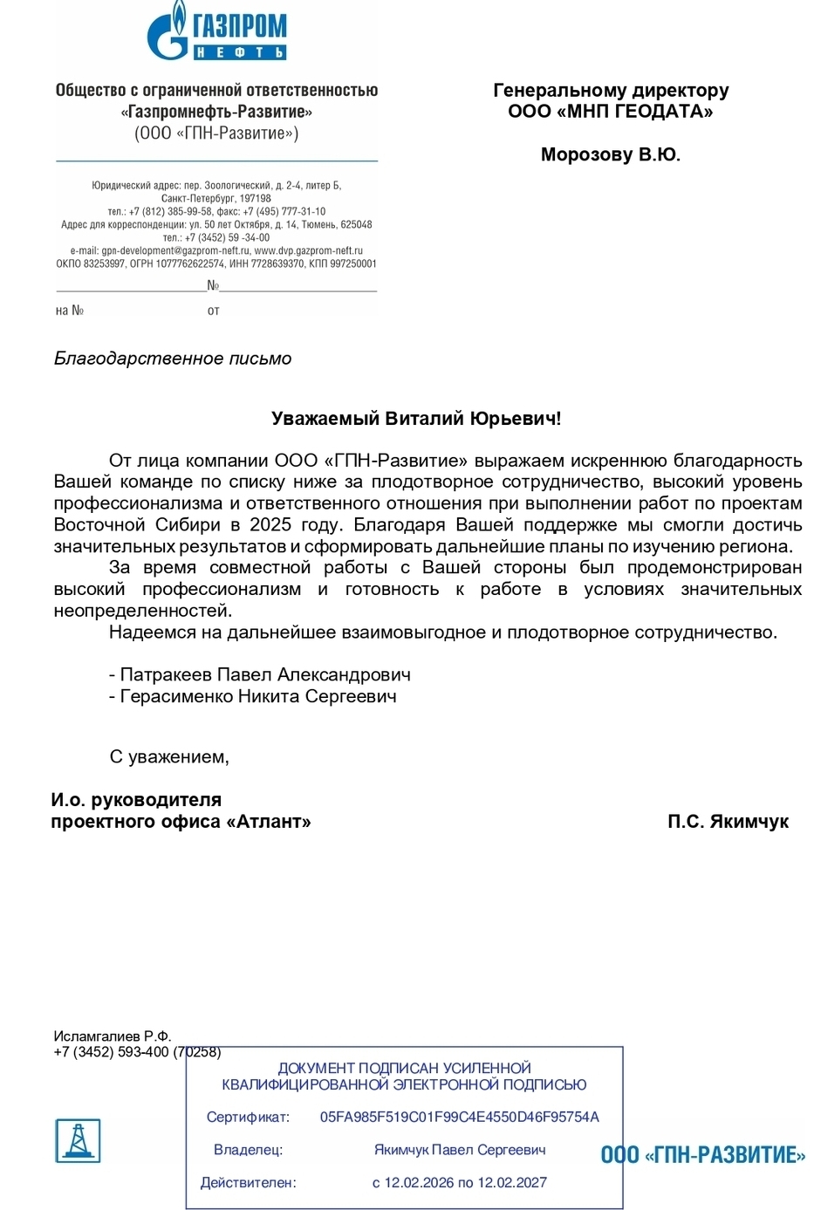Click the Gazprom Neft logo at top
click(216, 33)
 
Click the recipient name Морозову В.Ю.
click(610, 154)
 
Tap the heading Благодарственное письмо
click(173, 359)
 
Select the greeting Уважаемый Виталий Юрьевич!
click(416, 419)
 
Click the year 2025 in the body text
click(270, 525)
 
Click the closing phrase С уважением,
click(169, 757)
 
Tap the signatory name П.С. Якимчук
click(728, 822)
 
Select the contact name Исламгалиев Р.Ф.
click(113, 1036)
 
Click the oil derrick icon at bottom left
click(79, 1140)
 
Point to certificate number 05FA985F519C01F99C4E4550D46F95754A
click(460, 1117)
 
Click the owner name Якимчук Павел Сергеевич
click(460, 1150)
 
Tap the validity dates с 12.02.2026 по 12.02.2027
click(460, 1183)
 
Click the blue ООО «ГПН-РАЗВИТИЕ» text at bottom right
click(703, 1155)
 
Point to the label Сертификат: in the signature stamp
click(248, 1117)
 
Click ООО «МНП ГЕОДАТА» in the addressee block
click(610, 112)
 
